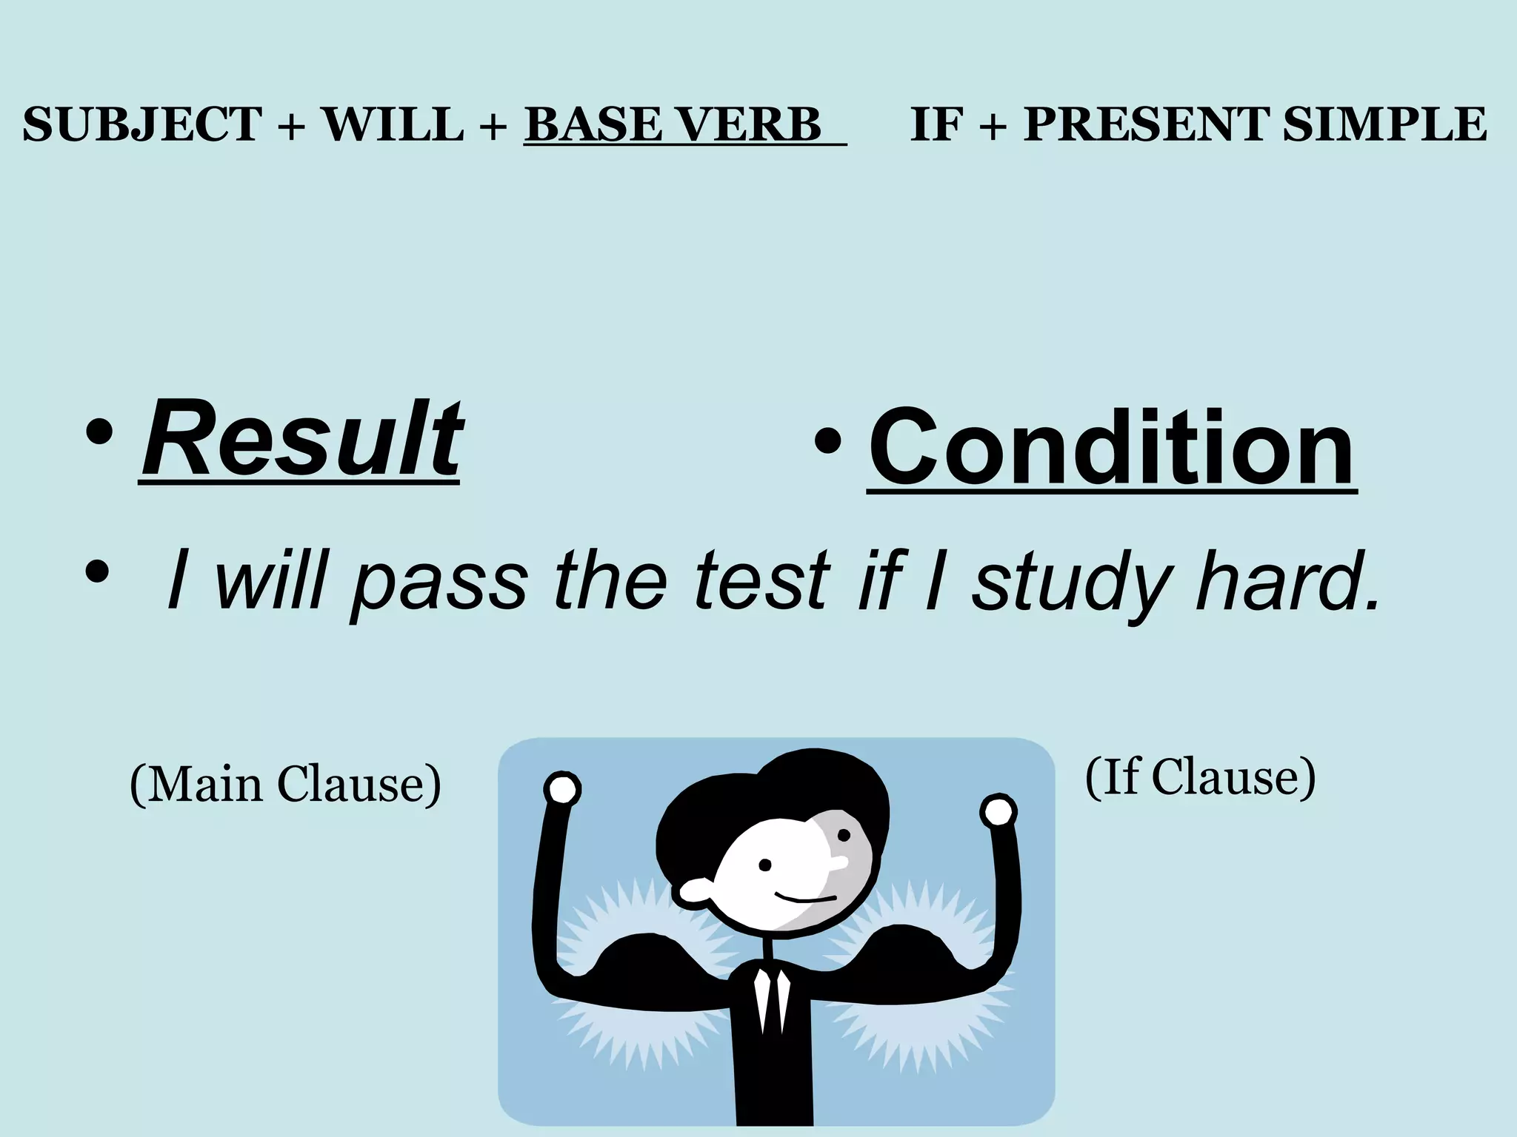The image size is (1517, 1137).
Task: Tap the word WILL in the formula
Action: pos(393,124)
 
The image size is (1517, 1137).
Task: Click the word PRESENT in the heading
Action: pos(1147,124)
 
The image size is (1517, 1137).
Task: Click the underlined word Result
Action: pos(301,440)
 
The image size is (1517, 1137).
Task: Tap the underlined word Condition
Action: pos(1111,448)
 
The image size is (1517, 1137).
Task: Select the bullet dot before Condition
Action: pos(827,443)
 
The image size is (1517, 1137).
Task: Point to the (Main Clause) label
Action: pos(285,785)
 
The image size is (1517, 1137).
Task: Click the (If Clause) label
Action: pos(1200,778)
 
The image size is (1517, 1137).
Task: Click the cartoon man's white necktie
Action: pos(770,999)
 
